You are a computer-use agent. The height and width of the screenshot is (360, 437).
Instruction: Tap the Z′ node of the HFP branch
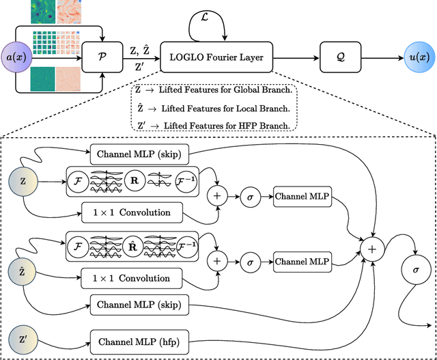(x=22, y=340)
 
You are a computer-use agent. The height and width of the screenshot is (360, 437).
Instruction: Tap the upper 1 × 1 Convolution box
(x=132, y=212)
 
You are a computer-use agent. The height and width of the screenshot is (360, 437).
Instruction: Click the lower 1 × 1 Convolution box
(x=132, y=278)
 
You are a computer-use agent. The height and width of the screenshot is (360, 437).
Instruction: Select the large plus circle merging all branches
(x=372, y=250)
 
